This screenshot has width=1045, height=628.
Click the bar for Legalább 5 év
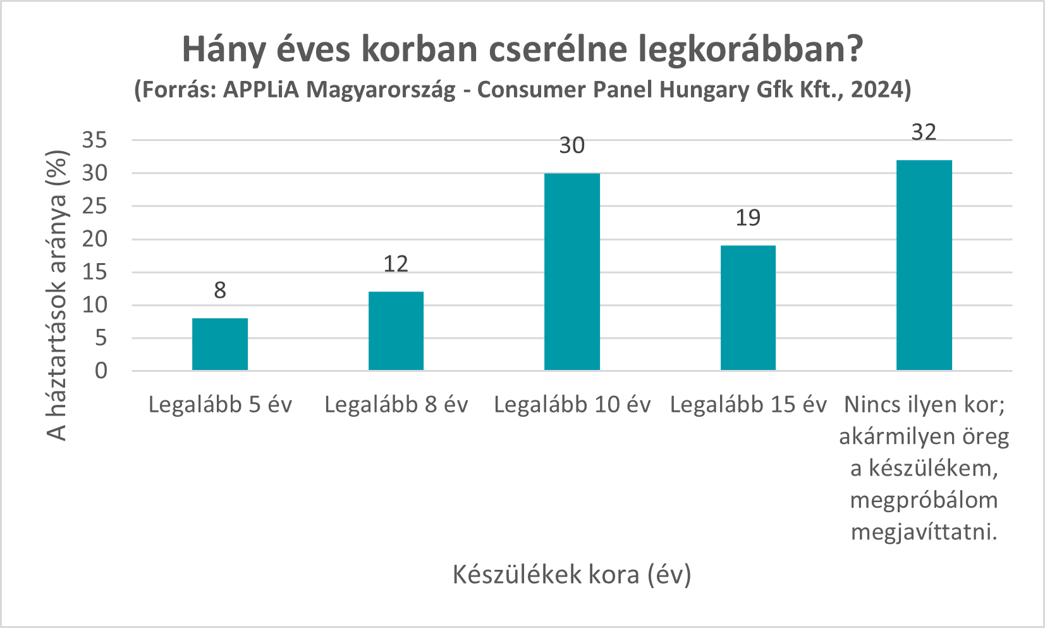coord(220,344)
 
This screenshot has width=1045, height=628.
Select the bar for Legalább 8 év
coord(396,331)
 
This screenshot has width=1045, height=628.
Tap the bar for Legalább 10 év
coord(572,272)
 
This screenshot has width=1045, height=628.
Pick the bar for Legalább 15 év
coord(748,308)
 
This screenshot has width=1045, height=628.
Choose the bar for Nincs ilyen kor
coord(924,265)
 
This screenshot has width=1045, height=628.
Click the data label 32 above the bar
coord(924,132)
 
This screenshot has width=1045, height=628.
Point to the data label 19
coord(748,218)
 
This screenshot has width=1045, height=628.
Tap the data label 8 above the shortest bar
coord(220,290)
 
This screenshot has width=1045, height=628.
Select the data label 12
coord(396,264)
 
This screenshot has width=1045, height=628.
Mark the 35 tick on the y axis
coord(95,140)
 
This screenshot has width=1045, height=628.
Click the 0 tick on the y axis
coord(101,371)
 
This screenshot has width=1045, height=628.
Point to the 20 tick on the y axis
coord(95,239)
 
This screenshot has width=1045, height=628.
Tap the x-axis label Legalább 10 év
coord(572,405)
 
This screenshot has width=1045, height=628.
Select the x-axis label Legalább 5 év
coord(220,405)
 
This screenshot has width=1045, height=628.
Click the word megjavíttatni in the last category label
coord(924,532)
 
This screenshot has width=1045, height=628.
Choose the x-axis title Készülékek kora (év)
coord(572,574)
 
